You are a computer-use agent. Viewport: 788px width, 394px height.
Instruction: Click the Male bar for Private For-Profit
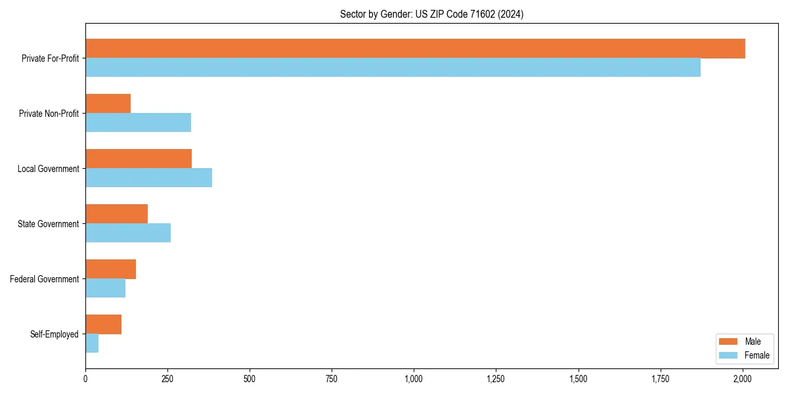(x=415, y=49)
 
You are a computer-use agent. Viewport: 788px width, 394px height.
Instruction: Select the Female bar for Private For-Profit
(x=393, y=68)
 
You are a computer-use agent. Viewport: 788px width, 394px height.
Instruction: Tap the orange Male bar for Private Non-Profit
(x=108, y=104)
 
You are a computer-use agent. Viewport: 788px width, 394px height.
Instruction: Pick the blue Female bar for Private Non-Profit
(x=138, y=123)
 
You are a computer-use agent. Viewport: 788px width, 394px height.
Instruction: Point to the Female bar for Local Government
(x=148, y=178)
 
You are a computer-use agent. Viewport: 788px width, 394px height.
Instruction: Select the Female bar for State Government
(x=128, y=233)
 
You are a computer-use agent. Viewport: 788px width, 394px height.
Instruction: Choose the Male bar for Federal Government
(x=110, y=269)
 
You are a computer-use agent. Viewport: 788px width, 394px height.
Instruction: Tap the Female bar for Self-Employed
(x=92, y=343)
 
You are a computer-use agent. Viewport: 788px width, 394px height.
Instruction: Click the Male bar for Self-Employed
(x=103, y=324)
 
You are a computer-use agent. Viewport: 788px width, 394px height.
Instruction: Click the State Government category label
(x=48, y=224)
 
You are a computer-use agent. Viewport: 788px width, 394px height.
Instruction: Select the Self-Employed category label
(x=54, y=334)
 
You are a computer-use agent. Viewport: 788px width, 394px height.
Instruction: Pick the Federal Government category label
(x=45, y=279)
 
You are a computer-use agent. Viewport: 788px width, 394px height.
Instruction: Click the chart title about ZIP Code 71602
(x=431, y=14)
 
